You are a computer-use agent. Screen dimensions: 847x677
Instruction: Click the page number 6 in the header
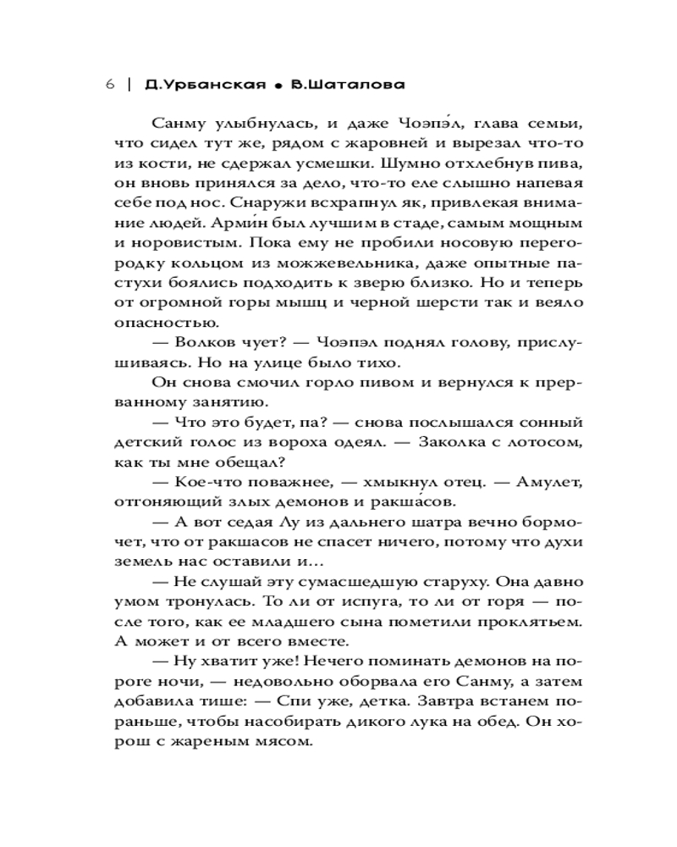coord(110,85)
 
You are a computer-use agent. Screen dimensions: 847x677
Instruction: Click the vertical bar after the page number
coord(128,85)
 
